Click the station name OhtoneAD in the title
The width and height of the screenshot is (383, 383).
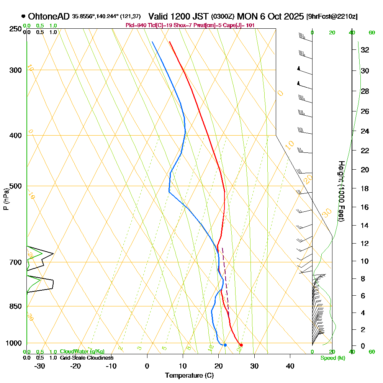[x=49, y=16]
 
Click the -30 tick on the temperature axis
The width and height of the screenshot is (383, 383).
[x=40, y=366]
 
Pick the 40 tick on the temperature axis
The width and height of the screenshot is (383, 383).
[x=290, y=366]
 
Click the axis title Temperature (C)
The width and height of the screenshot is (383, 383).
[x=189, y=375]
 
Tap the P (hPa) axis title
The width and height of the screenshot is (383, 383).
[x=6, y=199]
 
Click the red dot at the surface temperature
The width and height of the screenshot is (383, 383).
[x=241, y=345]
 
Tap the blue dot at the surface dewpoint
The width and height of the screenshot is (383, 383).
[x=225, y=345]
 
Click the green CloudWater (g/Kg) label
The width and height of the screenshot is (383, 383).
[x=82, y=352]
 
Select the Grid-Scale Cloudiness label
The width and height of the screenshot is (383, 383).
[x=86, y=358]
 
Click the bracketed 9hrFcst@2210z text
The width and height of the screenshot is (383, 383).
[x=332, y=17]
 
